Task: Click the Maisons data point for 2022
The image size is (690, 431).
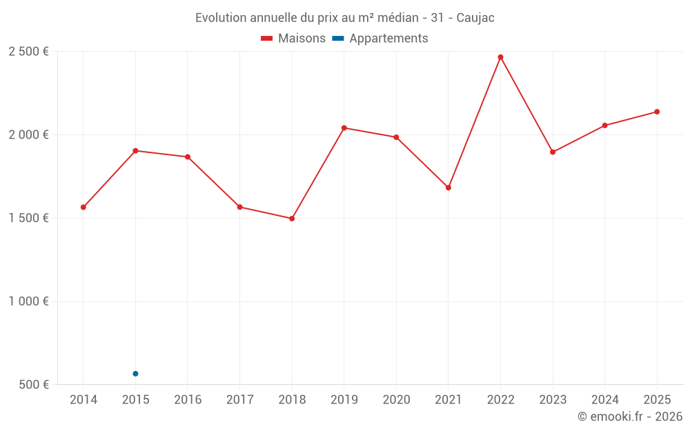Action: [x=500, y=57]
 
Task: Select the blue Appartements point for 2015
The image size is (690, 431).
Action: [x=135, y=374]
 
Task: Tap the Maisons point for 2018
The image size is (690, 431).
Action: [x=292, y=219]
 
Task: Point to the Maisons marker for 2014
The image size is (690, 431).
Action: [x=83, y=207]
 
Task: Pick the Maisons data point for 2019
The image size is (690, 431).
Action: [x=344, y=128]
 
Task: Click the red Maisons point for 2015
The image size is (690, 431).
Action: [x=135, y=150]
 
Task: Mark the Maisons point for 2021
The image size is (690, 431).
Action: [x=448, y=188]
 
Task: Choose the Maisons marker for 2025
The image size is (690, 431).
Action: [x=657, y=112]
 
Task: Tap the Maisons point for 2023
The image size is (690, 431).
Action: [x=553, y=152]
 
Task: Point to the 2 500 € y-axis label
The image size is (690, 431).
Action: [x=28, y=52]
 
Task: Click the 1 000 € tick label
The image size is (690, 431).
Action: [x=28, y=301]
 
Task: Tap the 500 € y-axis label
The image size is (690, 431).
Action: [x=33, y=385]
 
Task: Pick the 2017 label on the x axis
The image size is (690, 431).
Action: [x=239, y=399]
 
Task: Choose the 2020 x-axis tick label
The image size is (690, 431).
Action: [x=396, y=399]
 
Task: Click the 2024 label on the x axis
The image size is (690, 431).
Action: [x=604, y=399]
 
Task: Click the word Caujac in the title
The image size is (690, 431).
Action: [x=475, y=17]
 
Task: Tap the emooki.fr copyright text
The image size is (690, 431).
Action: [x=630, y=417]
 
